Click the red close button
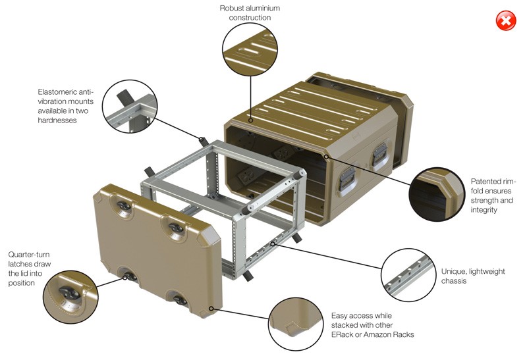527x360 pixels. click(x=506, y=20)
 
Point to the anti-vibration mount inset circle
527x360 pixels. click(x=130, y=106)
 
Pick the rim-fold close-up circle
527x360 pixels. click(x=437, y=194)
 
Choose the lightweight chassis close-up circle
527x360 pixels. click(x=408, y=274)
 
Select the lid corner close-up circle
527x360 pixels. click(x=296, y=324)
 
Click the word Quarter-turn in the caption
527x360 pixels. click(x=29, y=255)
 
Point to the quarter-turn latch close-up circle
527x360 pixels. click(x=70, y=297)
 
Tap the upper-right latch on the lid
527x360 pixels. click(x=176, y=228)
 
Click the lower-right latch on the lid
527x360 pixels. click(x=180, y=299)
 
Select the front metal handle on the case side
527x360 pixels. click(x=347, y=179)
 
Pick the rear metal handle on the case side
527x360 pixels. click(x=379, y=155)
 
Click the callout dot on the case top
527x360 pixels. click(x=250, y=120)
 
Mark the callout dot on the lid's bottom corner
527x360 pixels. click(x=211, y=308)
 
